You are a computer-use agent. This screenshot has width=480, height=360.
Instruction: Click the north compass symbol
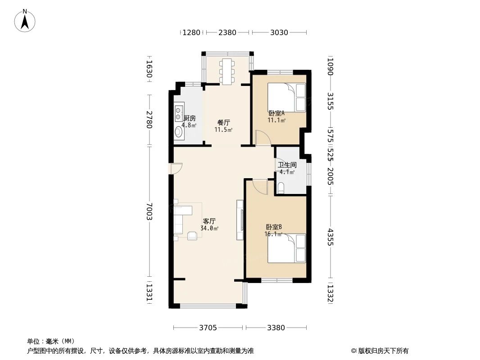[x=25, y=20]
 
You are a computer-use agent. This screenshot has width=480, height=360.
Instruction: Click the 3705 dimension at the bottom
[x=208, y=328]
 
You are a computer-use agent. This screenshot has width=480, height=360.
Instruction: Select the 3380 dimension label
[x=276, y=328]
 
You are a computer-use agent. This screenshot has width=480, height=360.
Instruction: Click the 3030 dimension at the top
[x=279, y=32]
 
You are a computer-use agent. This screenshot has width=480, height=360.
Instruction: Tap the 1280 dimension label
[x=191, y=32]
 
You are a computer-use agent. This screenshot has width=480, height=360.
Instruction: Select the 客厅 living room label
[x=209, y=221]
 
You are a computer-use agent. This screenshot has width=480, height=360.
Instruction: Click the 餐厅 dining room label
[x=223, y=122]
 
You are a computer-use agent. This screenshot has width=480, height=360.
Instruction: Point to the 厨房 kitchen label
[x=190, y=118]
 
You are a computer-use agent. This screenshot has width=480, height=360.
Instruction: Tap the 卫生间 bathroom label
[x=287, y=165]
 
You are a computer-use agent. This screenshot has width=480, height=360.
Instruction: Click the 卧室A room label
[x=276, y=113]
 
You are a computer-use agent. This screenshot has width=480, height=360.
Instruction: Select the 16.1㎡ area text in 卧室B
[x=273, y=234]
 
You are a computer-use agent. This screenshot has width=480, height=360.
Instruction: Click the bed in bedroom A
[x=287, y=97]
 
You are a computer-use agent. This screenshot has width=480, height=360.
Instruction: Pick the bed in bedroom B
[x=287, y=248]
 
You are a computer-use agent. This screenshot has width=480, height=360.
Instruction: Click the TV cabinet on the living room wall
[x=240, y=220]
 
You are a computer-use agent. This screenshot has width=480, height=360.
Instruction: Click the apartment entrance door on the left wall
[x=175, y=168]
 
